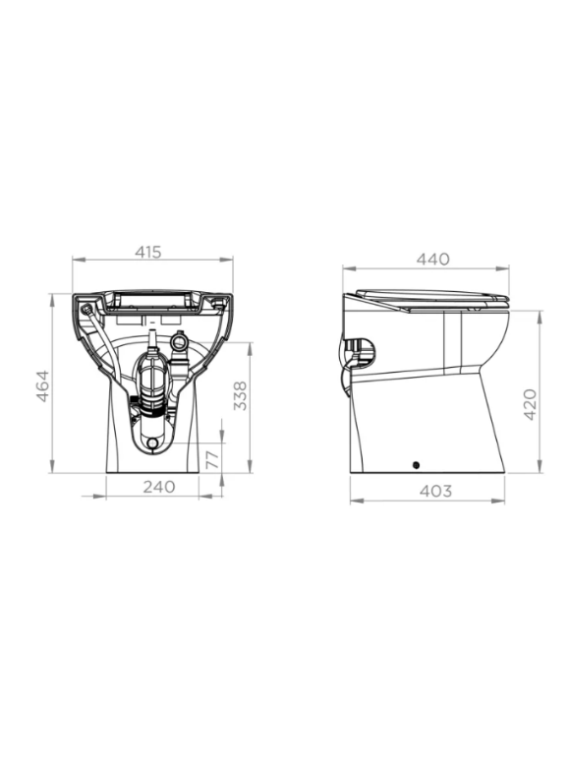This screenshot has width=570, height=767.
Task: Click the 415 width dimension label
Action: pyautogui.click(x=148, y=252)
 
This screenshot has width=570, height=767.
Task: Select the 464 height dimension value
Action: pyautogui.click(x=43, y=386)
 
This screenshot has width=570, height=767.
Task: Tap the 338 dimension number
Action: pyautogui.click(x=240, y=395)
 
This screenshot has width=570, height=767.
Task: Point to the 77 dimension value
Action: pyautogui.click(x=212, y=460)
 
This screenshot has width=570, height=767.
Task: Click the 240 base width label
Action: pyautogui.click(x=159, y=487)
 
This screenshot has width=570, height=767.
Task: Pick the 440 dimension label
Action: pyautogui.click(x=433, y=259)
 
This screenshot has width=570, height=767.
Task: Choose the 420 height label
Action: pyautogui.click(x=530, y=404)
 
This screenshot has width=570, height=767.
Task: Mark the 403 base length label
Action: pyautogui.click(x=435, y=491)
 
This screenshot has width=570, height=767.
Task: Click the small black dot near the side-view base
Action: pyautogui.click(x=416, y=465)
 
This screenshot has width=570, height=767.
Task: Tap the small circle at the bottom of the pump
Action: pyautogui.click(x=152, y=443)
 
